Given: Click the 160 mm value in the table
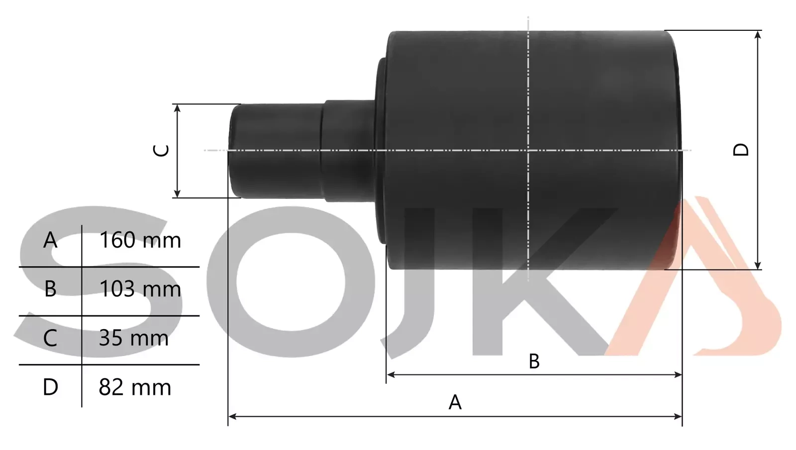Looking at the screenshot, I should click(140, 241).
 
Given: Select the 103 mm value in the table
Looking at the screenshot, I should click(140, 289).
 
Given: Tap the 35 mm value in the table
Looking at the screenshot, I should click(133, 339).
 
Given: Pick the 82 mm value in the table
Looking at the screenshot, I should click(135, 387).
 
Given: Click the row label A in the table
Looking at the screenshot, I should click(50, 241).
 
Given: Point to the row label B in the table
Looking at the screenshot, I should click(50, 289).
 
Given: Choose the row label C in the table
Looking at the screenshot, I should click(50, 339).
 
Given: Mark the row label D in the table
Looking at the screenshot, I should click(50, 387).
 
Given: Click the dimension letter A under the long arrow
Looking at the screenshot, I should click(455, 402).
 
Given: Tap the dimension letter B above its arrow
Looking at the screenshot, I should click(534, 361).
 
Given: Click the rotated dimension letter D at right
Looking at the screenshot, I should click(741, 150).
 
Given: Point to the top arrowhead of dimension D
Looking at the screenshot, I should click(758, 34).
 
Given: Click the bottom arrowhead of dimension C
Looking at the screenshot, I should click(177, 193).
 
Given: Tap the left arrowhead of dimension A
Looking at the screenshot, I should click(232, 416).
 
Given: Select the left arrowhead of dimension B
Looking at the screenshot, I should click(391, 374).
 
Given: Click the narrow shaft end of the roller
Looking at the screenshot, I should click(274, 150).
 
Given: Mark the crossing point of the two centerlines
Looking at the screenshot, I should click(528, 150).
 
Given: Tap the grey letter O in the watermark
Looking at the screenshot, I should click(291, 281).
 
